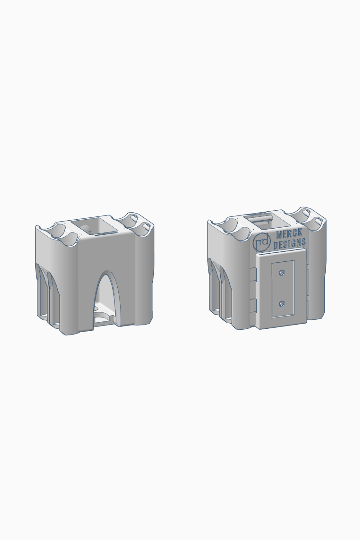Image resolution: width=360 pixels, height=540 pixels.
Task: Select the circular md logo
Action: (262, 242)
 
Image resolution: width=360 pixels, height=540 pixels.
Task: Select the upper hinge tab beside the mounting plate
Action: (252, 275)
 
